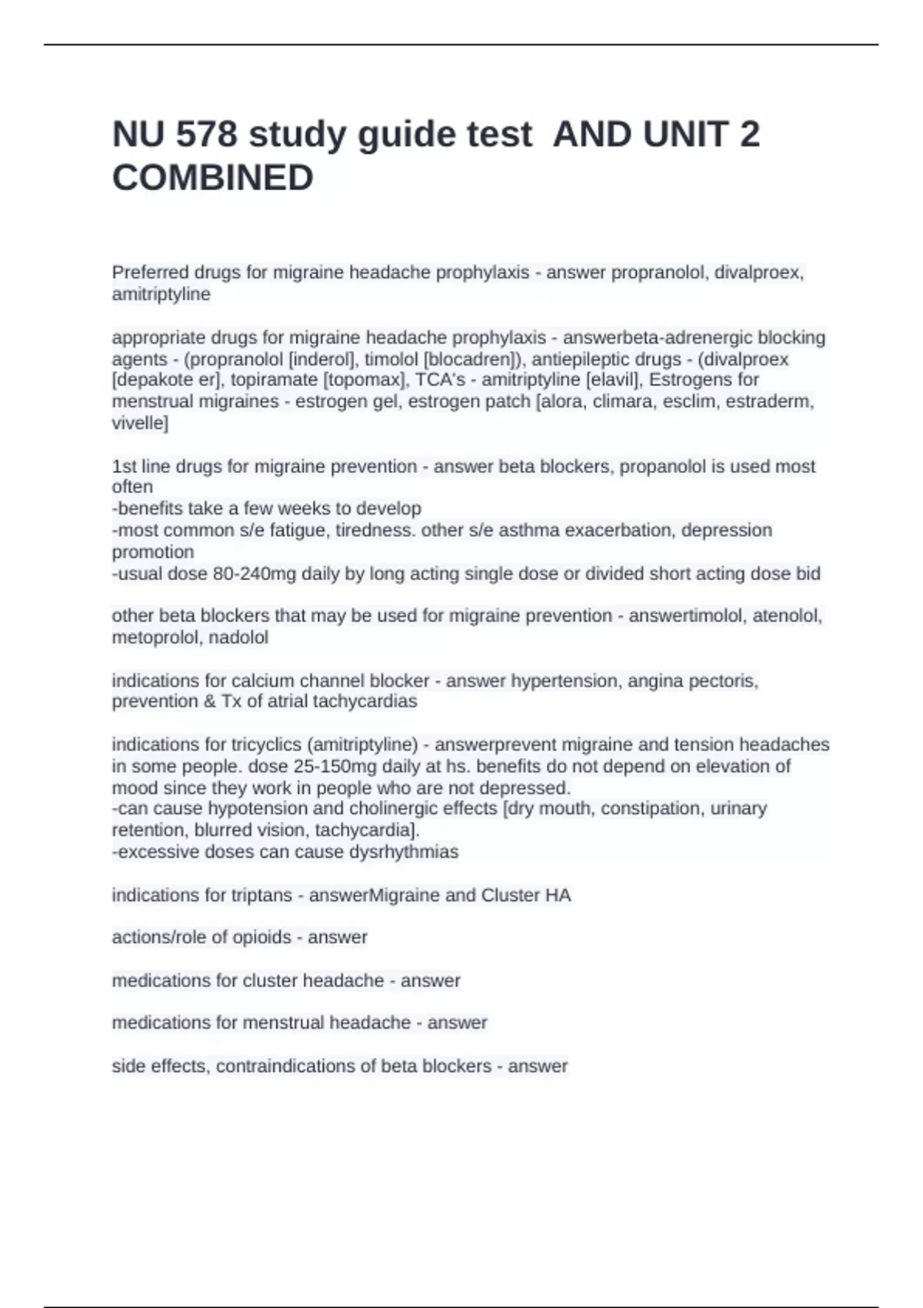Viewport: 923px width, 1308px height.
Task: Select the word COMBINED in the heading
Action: point(212,178)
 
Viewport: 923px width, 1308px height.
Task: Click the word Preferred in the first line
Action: point(149,272)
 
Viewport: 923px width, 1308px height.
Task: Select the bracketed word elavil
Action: point(612,380)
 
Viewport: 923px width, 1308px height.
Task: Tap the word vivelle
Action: point(138,423)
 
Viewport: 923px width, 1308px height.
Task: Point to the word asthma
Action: point(474,531)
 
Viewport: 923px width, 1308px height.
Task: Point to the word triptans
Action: point(261,896)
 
